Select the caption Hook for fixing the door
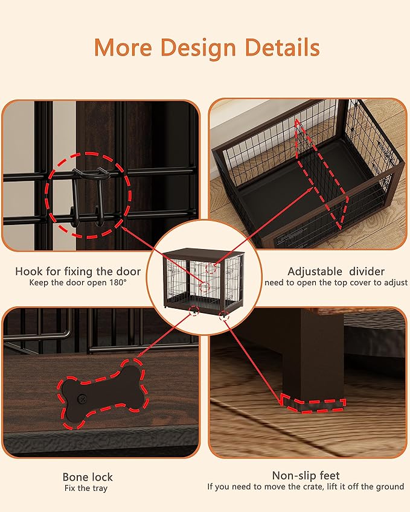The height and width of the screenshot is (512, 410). coord(78,271)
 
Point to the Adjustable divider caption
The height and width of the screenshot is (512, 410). coord(336,271)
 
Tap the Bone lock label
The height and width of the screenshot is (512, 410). coord(88,476)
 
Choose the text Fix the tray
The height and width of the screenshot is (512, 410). coord(88,488)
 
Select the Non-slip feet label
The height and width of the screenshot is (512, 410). coord(306,475)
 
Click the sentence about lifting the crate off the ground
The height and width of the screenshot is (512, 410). coord(306,487)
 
